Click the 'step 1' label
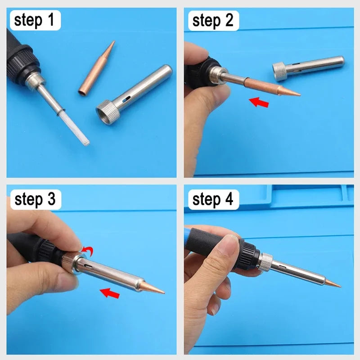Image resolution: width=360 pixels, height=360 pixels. [34, 21]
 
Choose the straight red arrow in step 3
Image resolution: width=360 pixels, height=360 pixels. [110, 293]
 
